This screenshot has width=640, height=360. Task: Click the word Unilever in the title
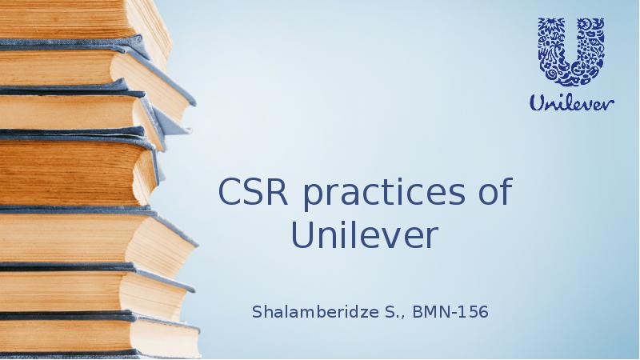pos(365,235)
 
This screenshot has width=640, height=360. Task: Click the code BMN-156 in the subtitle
pos(451,310)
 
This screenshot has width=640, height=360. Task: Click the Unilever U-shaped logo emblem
pos(570,50)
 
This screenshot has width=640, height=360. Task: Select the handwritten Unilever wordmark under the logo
pos(571,102)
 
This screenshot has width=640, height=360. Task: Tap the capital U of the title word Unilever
pos(302,235)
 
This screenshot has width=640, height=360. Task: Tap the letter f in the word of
pos(504,194)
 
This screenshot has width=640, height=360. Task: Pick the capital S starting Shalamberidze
pos(257,310)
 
